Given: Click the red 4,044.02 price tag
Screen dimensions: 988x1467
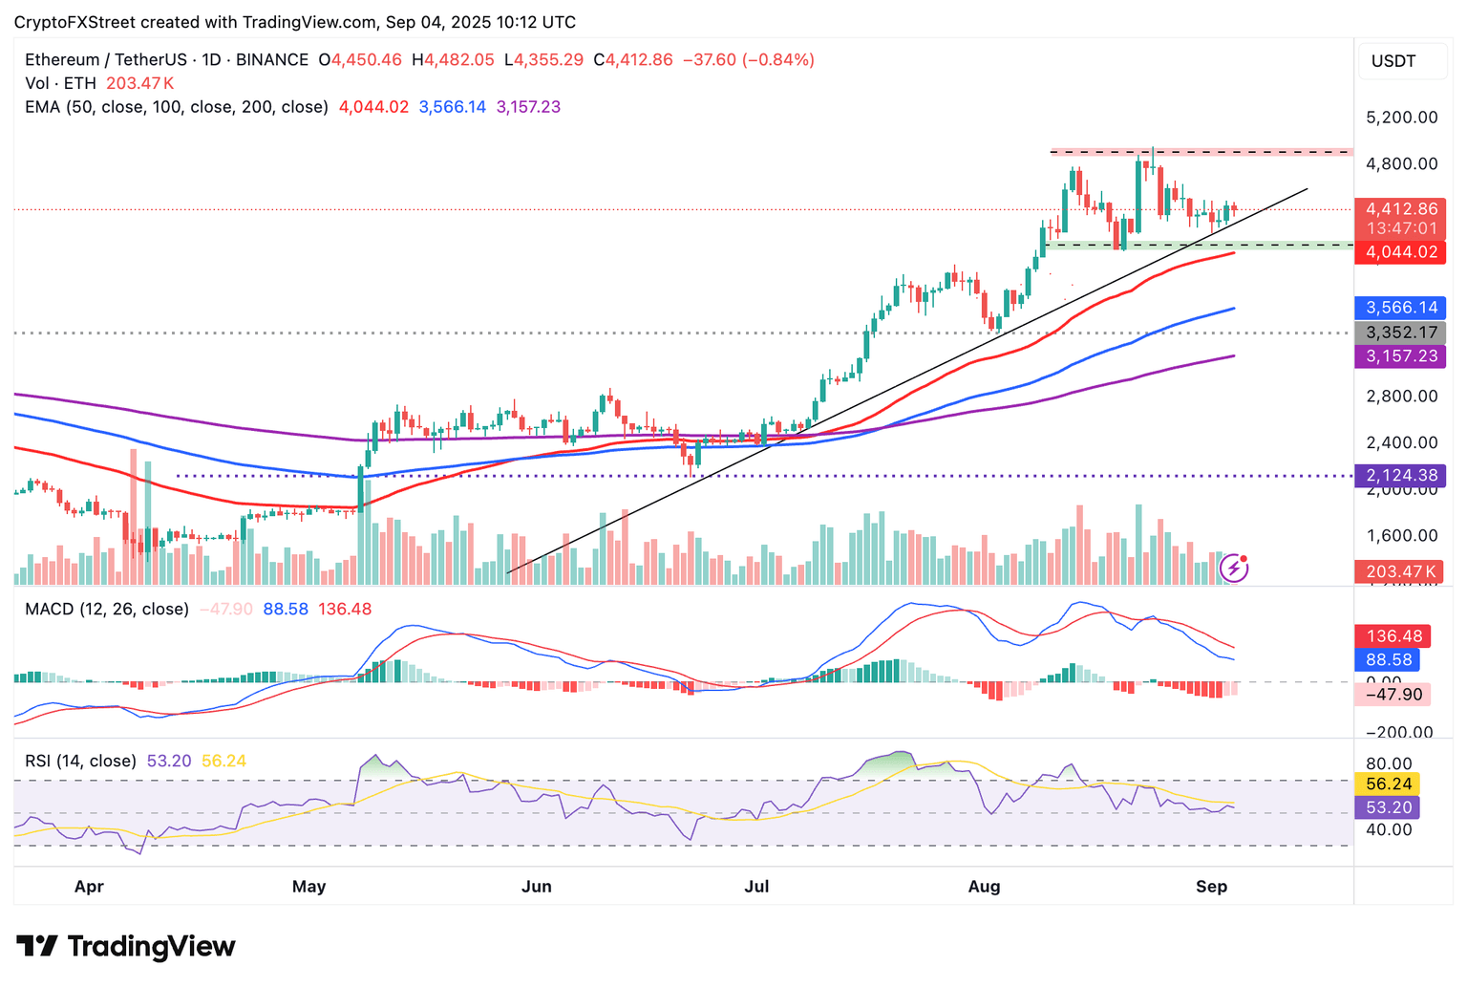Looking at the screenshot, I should (1401, 252).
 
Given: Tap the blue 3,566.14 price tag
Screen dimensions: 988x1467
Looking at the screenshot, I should (1401, 308).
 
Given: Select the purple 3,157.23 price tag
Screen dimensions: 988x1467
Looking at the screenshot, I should (1401, 356).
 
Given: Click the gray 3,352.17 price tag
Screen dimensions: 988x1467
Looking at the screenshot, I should (1401, 333).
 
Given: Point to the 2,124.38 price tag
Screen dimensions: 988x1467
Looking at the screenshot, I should (1401, 475).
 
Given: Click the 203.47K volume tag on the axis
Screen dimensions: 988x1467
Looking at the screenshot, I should (1401, 571).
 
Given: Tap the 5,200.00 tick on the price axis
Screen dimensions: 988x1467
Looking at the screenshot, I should (1401, 118).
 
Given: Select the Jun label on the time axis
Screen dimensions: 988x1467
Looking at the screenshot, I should (536, 887).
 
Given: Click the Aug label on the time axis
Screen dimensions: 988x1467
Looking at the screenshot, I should (984, 887).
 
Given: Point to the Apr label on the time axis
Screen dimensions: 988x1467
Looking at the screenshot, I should (89, 887).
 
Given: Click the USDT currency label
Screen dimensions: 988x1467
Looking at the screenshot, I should (1393, 61).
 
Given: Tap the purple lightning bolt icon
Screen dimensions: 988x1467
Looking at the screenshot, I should (1234, 569).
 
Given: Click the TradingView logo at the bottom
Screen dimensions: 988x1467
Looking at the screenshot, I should (126, 946).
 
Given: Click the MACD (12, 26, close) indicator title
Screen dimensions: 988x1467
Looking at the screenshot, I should (107, 609).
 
